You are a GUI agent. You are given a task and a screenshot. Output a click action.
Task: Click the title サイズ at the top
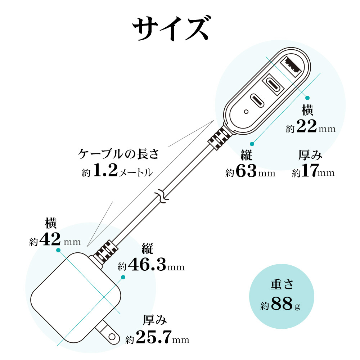tap(171, 29)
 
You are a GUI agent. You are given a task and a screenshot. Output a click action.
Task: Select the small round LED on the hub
tap(246, 112)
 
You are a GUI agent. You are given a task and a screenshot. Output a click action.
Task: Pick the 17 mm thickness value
tap(309, 172)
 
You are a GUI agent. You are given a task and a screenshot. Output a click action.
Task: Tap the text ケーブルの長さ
tap(118, 154)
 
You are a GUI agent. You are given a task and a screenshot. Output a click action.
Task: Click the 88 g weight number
tap(282, 304)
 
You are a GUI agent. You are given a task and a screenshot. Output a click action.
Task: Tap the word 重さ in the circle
tap(283, 284)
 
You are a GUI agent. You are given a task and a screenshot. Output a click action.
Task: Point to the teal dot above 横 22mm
tap(307, 98)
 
